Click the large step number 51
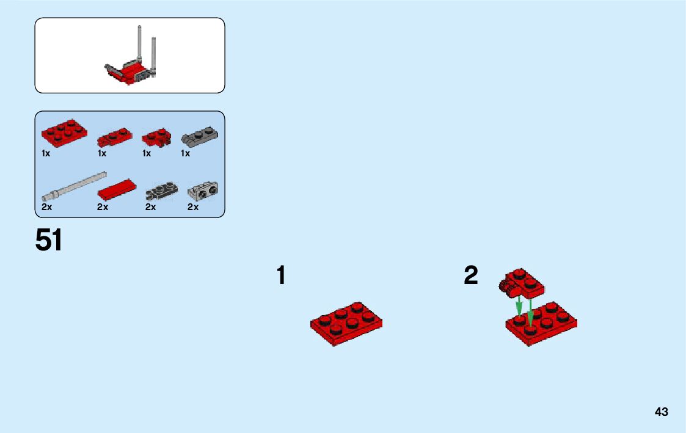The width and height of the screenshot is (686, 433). click(x=49, y=240)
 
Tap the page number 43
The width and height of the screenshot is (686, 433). click(x=662, y=412)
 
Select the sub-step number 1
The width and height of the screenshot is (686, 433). click(x=280, y=275)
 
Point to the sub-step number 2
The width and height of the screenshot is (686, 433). click(x=470, y=275)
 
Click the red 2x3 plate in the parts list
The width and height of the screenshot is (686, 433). click(x=64, y=131)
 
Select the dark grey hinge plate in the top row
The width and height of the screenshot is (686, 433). click(x=201, y=136)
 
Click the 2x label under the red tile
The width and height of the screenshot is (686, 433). click(x=103, y=208)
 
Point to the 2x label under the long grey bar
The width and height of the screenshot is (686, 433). click(x=47, y=208)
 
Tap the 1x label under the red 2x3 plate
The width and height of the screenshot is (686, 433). click(x=46, y=154)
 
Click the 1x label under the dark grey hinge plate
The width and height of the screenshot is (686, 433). click(x=185, y=154)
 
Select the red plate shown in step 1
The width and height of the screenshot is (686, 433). click(x=346, y=323)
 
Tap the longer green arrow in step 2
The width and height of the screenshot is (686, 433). click(x=530, y=311)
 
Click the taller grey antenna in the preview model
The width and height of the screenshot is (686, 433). click(x=140, y=43)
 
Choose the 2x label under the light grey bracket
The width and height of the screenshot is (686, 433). click(x=193, y=208)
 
